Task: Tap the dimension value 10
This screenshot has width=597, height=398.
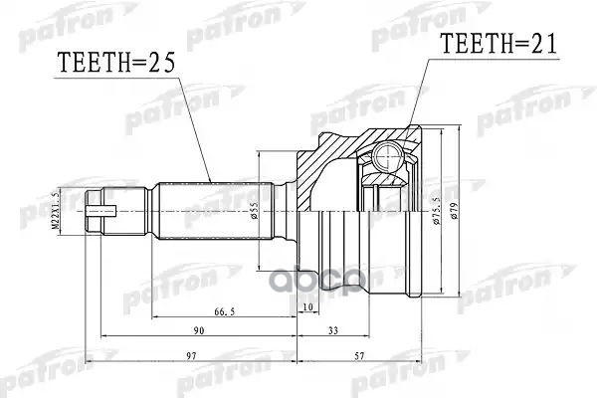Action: point(307,305)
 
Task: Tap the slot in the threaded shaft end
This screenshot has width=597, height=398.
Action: point(103,211)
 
